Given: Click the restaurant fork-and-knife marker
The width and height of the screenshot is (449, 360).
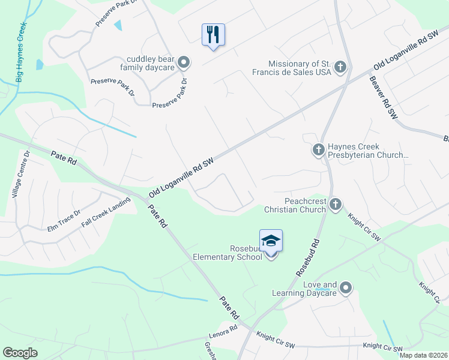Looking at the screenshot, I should pyautogui.click(x=213, y=34).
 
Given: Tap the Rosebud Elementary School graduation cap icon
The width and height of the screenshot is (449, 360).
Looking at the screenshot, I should pyautogui.click(x=271, y=241).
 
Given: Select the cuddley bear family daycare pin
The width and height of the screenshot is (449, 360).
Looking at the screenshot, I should pyautogui.click(x=184, y=62).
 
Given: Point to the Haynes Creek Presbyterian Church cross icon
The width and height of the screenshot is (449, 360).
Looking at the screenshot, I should pyautogui.click(x=318, y=149).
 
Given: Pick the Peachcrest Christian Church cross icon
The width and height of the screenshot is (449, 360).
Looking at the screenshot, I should pyautogui.click(x=335, y=205).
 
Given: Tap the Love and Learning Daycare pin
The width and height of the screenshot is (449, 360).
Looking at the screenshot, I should pyautogui.click(x=345, y=289).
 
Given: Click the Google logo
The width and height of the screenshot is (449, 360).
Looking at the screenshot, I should pyautogui.click(x=20, y=353).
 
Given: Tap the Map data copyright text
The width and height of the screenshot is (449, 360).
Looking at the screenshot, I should pyautogui.click(x=423, y=355).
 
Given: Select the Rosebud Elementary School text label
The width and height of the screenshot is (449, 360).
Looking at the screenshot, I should pyautogui.click(x=228, y=253).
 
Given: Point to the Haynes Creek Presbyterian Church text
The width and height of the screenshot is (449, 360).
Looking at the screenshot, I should pyautogui.click(x=368, y=151).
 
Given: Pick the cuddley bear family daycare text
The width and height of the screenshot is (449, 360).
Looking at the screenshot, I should pyautogui.click(x=150, y=64).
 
